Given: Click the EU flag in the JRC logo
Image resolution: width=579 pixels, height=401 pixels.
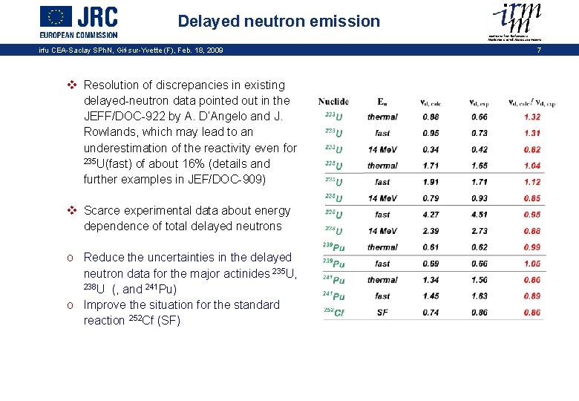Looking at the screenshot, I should [56, 16].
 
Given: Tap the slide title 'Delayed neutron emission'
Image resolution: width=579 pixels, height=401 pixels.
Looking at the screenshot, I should [278, 22].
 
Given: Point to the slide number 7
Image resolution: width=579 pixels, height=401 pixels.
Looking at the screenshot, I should [539, 50].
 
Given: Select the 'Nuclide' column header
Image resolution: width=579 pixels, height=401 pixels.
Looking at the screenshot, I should [333, 102].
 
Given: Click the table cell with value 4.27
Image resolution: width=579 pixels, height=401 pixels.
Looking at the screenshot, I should [431, 215].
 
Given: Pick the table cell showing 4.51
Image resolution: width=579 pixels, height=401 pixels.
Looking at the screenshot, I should [479, 215].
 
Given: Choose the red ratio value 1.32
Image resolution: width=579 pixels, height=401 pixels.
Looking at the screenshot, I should [531, 117].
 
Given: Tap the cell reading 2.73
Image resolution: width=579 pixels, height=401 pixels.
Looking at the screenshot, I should [479, 231].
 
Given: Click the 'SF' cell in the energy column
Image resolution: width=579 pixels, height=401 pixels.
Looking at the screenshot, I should [382, 313].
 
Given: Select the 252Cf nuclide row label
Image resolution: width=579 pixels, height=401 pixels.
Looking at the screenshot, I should [334, 313].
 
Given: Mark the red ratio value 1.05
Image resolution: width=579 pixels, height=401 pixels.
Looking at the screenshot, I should [531, 264].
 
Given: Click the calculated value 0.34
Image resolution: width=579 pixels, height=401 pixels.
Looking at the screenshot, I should [431, 149].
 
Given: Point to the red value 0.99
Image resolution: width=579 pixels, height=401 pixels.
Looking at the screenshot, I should [531, 247].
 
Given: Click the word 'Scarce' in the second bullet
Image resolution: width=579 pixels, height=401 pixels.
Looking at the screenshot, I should [103, 211].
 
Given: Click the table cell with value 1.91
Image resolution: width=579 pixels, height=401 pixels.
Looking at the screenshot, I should [431, 182].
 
